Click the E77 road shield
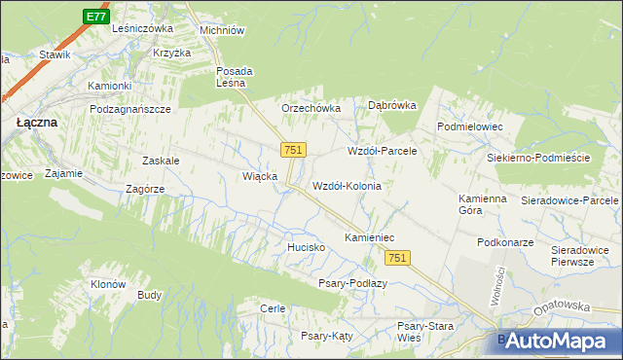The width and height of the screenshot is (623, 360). coord(94,18)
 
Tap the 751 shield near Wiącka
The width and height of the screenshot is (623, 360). coord(294,150)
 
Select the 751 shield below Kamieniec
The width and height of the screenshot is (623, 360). coord(397,257)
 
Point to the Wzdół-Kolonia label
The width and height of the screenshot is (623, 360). coord(346,185)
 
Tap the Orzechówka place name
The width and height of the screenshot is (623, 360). coord(311,108)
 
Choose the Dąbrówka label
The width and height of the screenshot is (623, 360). coord(392,105)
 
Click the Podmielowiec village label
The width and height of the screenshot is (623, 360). coord(469,126)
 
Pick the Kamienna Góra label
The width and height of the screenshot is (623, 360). coord(484,204)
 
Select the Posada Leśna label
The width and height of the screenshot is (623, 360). coord(235,77)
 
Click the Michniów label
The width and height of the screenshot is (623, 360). coord(221,30)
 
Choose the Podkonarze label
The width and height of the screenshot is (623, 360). coord(503,241)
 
